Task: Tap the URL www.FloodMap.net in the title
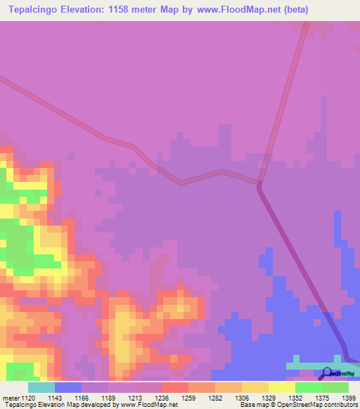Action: coord(210,10)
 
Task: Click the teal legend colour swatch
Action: coord(41,387)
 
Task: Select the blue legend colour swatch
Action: coord(68,387)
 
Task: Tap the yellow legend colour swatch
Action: coord(281,387)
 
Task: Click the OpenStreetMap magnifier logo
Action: coord(327,373)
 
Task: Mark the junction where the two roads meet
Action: coord(259,184)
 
